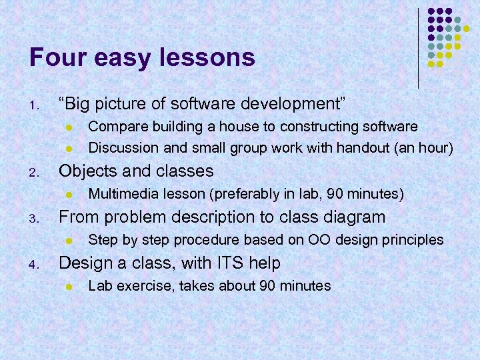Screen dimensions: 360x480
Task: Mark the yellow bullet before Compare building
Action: coord(67,127)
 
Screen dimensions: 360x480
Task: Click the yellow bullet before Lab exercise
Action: coord(67,287)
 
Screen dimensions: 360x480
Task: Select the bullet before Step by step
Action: coord(67,240)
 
